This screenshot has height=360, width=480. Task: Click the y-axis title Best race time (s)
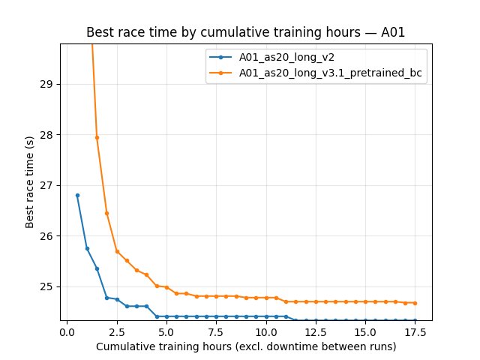point(30,182)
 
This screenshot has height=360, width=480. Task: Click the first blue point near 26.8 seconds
point(77,195)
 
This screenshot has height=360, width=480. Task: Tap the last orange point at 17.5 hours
point(415,303)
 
